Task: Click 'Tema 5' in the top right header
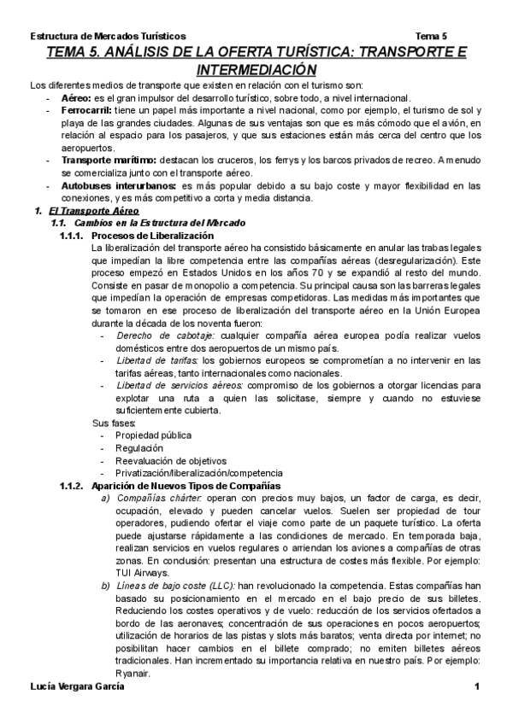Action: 431,37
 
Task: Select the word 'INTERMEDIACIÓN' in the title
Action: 256,69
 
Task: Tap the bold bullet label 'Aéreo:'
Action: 79,99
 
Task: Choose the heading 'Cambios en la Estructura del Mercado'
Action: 158,222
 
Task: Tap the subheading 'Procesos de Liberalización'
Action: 152,235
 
